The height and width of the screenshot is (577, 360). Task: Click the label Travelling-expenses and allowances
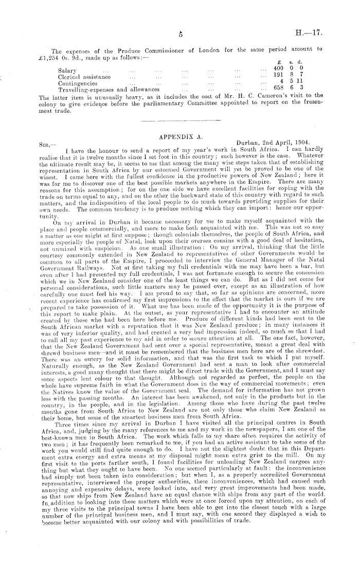[109, 89]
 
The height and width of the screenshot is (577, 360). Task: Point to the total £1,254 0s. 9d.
[58, 56]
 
